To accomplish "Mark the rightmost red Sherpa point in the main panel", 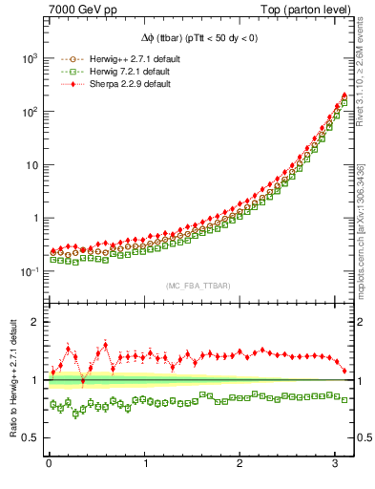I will pos(344,96).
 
